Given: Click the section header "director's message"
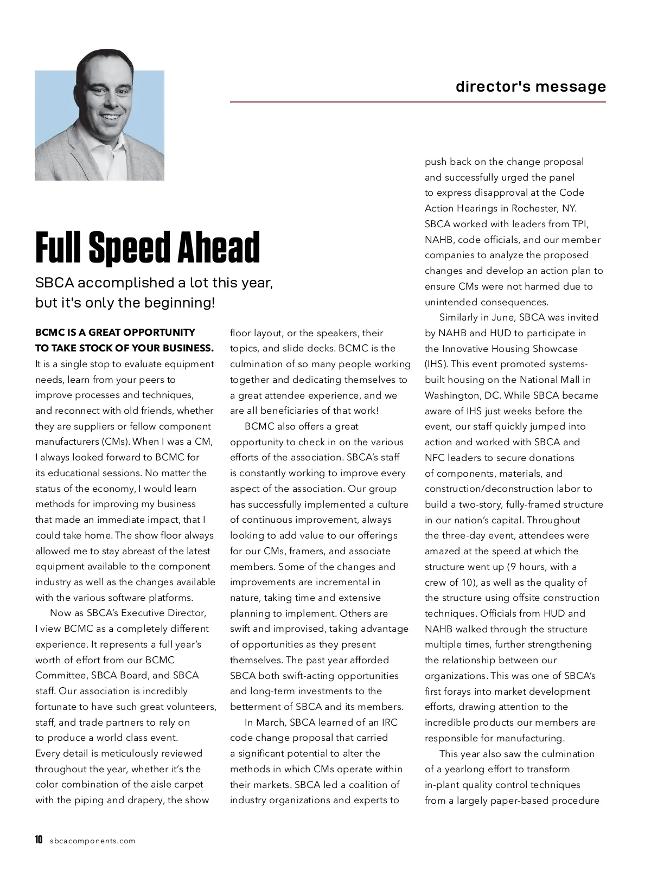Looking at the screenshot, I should tap(531, 87).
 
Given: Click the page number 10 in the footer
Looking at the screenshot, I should tap(39, 840).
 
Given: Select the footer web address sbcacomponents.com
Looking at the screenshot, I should tap(92, 841).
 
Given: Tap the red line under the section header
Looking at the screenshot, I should tap(418, 101).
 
